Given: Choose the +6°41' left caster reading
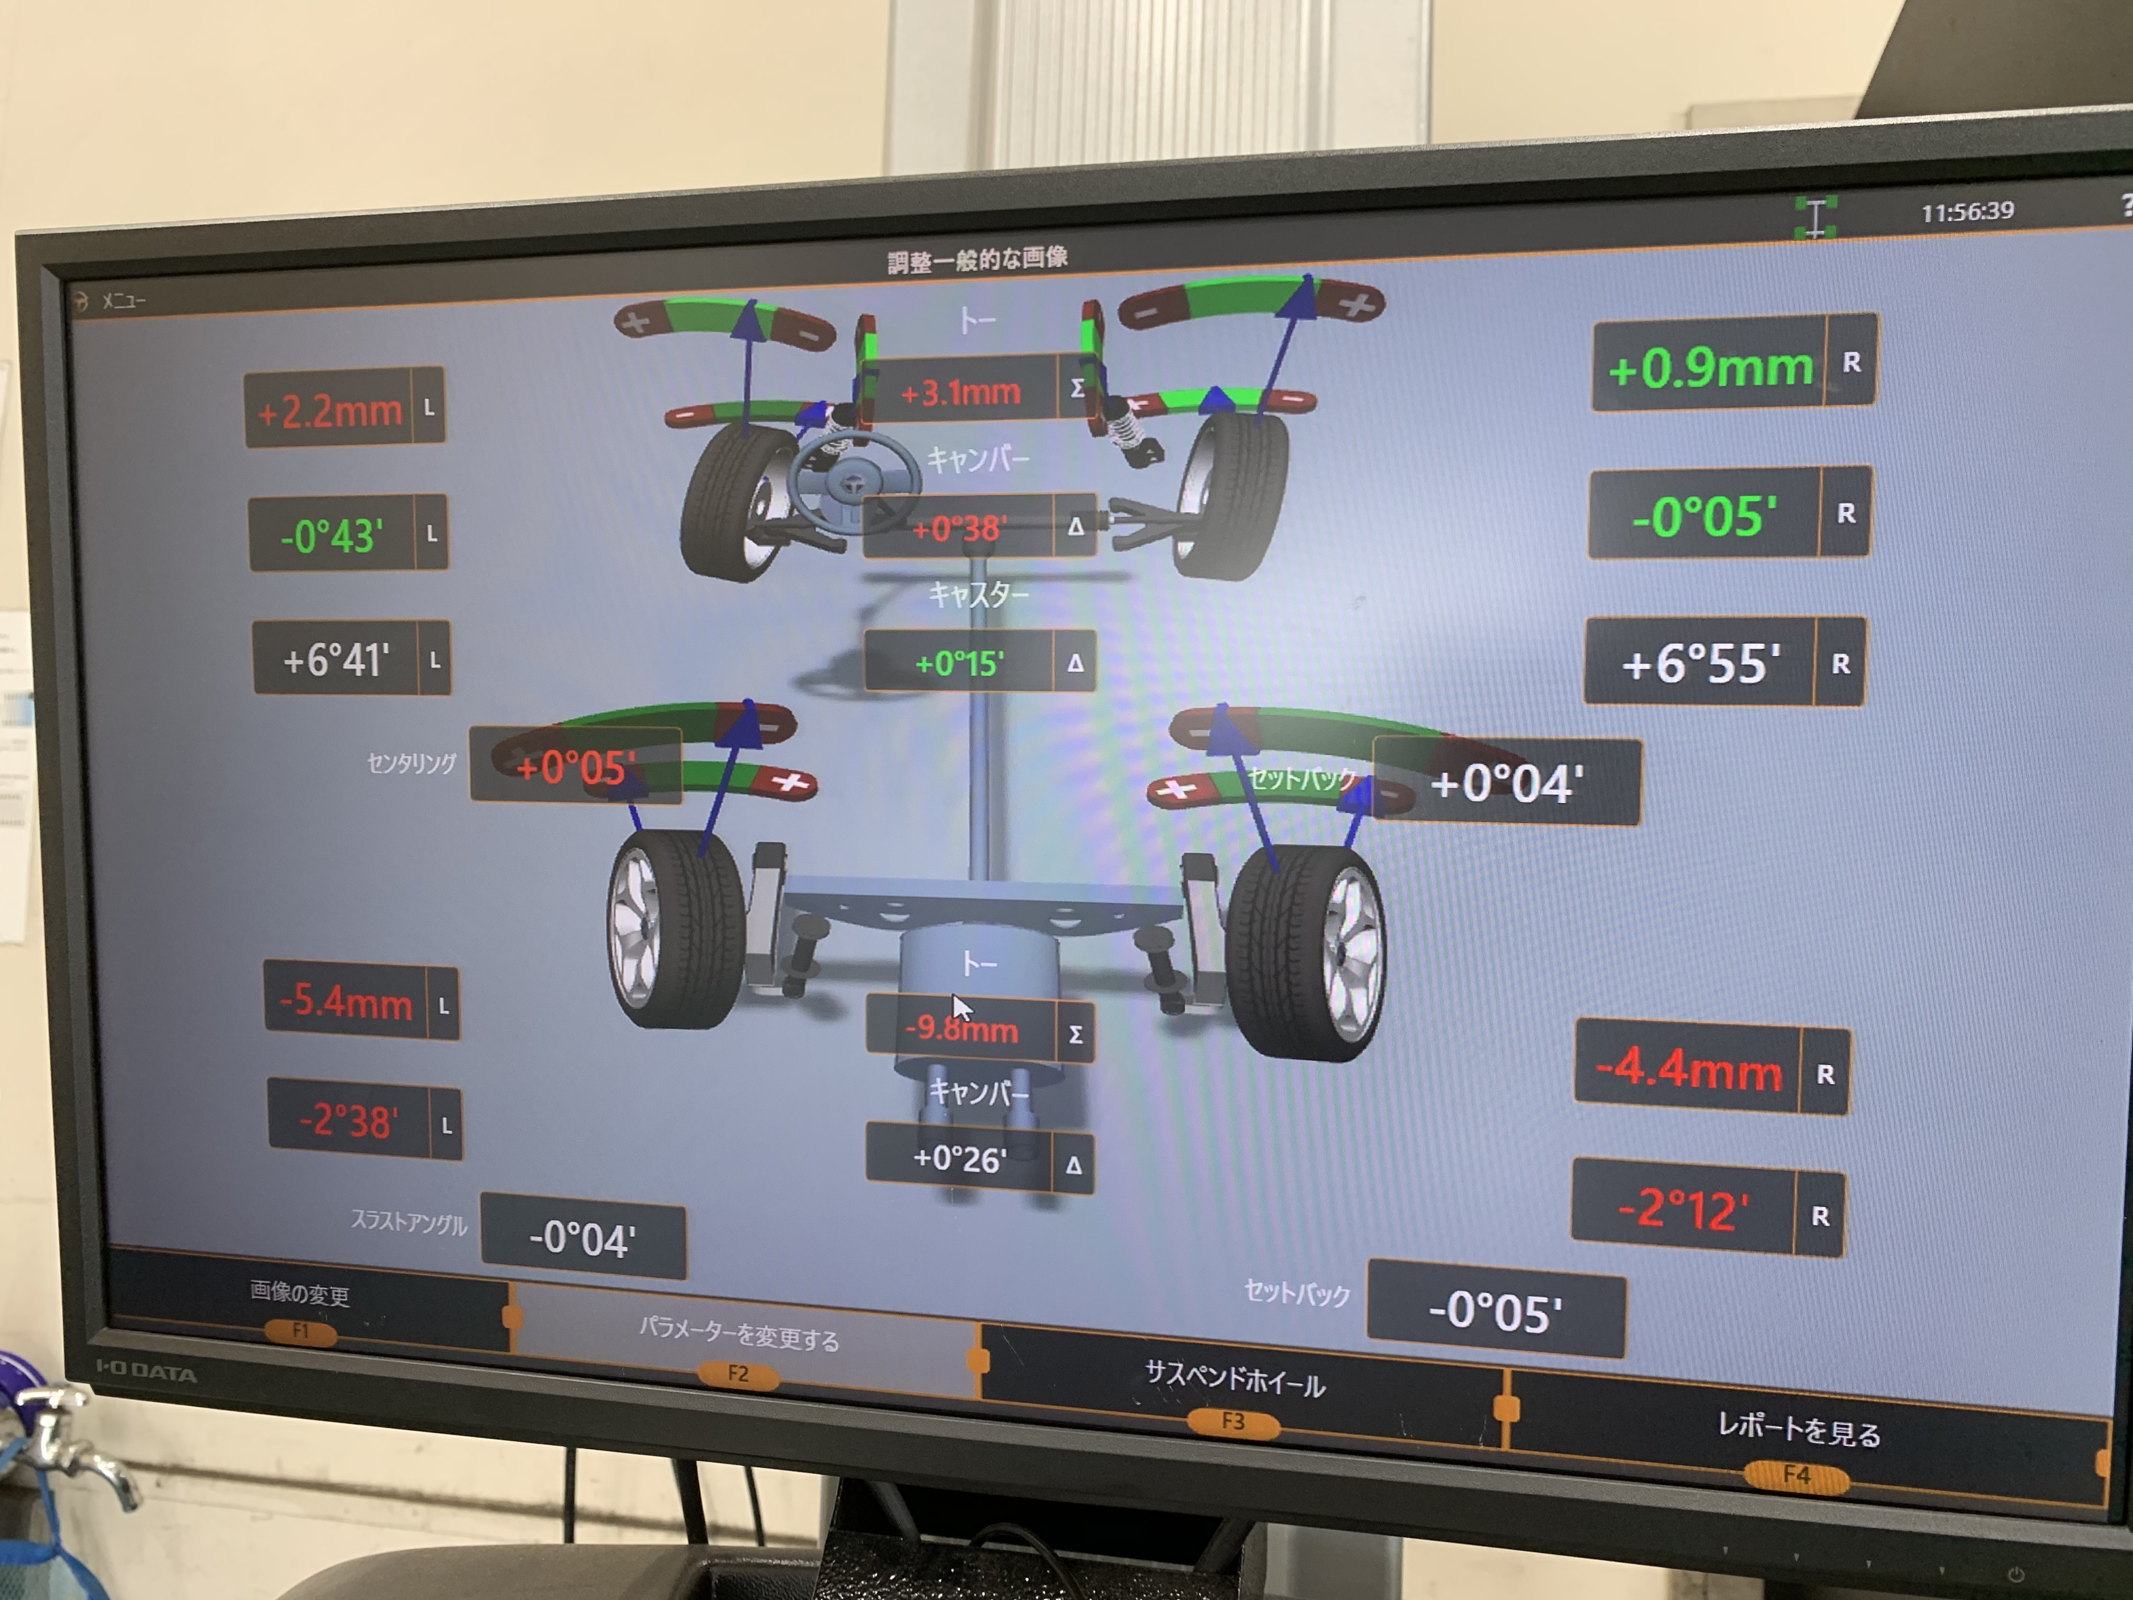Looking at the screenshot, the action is (x=335, y=661).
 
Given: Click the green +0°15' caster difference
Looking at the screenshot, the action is (x=960, y=662).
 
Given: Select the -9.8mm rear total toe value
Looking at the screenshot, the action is (x=961, y=1028).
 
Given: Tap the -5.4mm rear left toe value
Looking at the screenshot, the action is (x=345, y=1002).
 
